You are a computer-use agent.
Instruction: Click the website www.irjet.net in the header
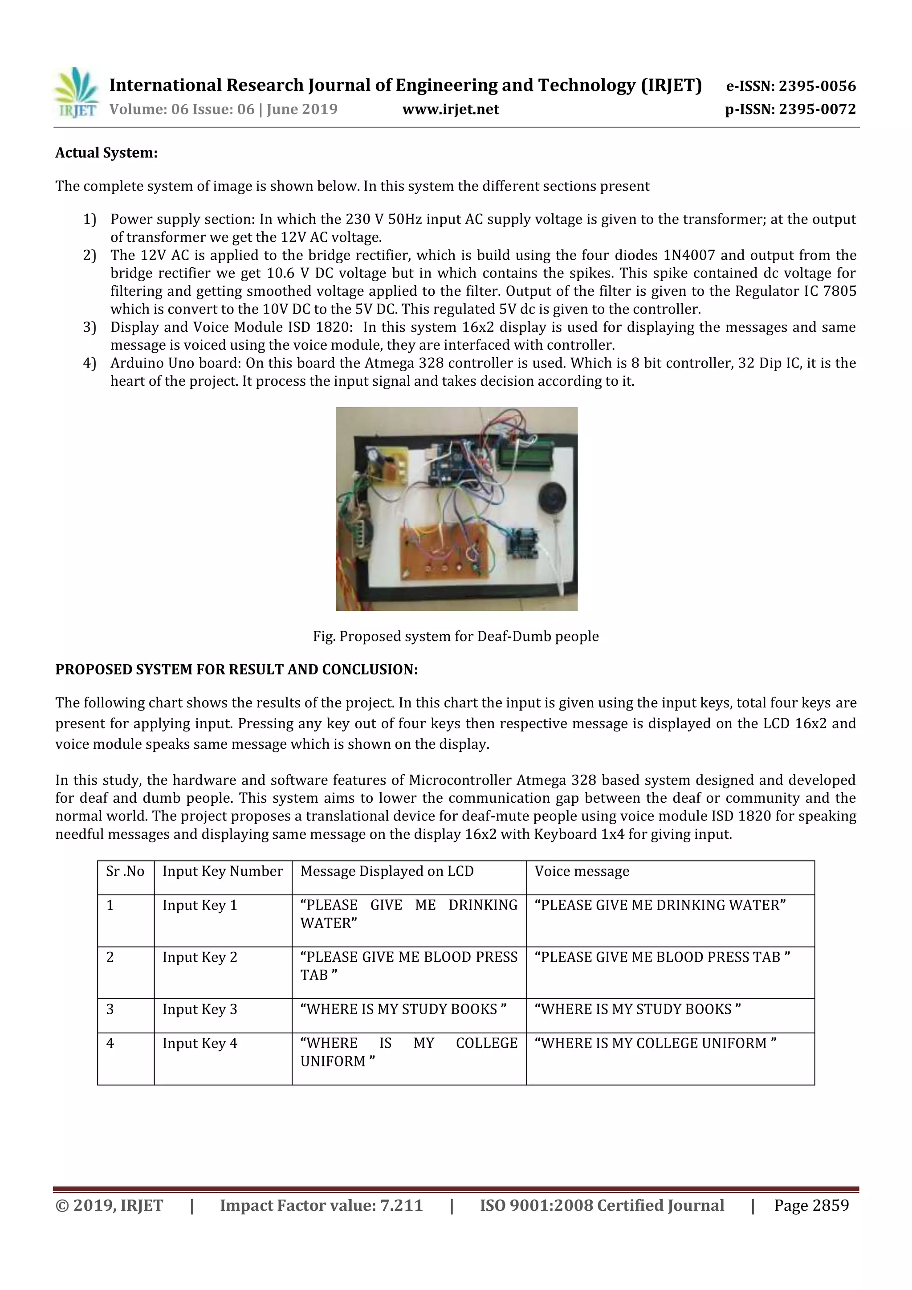click(450, 109)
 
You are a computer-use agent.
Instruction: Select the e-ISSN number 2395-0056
click(817, 86)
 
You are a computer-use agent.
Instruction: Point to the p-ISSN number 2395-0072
click(817, 109)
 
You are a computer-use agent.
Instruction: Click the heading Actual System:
click(106, 153)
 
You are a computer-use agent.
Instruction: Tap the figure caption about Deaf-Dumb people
click(456, 636)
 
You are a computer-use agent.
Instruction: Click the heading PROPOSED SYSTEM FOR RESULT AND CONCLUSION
click(236, 669)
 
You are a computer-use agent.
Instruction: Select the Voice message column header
click(582, 871)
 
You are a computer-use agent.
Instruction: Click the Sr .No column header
click(125, 871)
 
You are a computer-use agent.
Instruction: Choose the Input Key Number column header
click(222, 871)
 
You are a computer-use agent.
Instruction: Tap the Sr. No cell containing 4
click(110, 1043)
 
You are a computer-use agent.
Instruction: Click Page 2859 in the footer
click(811, 1205)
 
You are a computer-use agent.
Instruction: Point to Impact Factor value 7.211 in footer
click(321, 1205)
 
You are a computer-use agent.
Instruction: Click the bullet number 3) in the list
click(90, 327)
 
